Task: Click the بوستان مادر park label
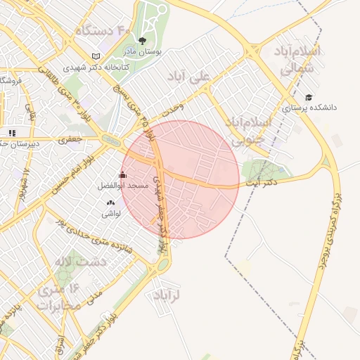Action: point(143,52)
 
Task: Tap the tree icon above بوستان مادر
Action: point(143,41)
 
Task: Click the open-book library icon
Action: point(96,56)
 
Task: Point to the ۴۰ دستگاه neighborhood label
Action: point(104,31)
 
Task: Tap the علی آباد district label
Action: point(191,75)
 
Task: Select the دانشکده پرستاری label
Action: point(309,108)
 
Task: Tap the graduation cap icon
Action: point(309,97)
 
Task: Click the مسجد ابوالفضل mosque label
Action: point(123,186)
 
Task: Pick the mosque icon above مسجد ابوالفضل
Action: point(123,175)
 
